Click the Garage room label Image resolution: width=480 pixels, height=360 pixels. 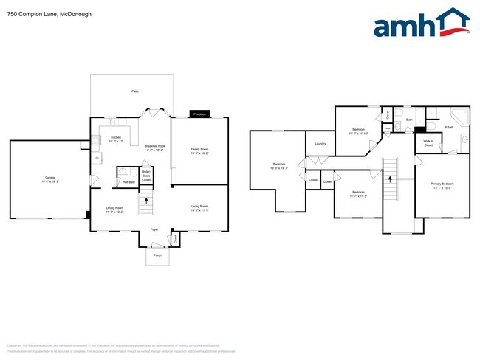[x=50, y=179]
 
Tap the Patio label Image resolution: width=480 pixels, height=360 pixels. [x=134, y=91]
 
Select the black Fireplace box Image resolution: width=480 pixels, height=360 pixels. [x=199, y=114]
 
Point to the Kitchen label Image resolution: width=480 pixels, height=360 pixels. [x=116, y=139]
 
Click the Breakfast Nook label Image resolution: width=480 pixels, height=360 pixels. [x=154, y=148]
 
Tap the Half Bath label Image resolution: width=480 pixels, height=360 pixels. [x=128, y=182]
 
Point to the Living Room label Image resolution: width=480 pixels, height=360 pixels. [x=199, y=208]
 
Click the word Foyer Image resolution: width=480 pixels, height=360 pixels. [x=155, y=229]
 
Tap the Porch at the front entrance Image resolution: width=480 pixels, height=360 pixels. [x=157, y=255]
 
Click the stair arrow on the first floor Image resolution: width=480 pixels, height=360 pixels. [x=146, y=200]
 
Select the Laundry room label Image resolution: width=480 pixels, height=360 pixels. [x=320, y=143]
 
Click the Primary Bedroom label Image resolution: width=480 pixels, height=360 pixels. [x=442, y=185]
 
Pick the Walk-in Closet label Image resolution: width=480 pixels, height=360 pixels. [x=428, y=143]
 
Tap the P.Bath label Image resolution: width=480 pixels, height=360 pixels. [x=449, y=128]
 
